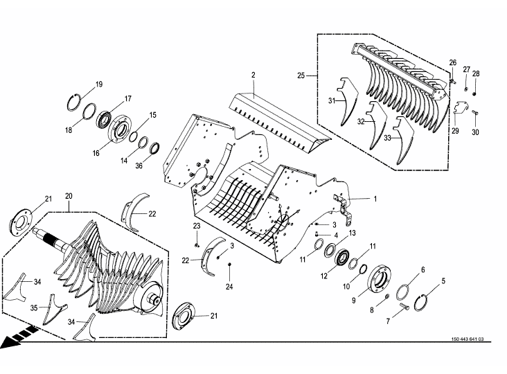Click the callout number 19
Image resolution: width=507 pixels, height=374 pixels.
click(x=99, y=84)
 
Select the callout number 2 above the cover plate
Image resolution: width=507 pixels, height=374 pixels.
click(x=254, y=74)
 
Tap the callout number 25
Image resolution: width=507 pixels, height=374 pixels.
click(x=301, y=75)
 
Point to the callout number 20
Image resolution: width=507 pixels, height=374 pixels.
click(x=69, y=195)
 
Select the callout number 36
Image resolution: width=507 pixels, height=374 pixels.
click(x=139, y=166)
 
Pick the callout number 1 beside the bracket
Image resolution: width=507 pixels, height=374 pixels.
click(x=375, y=199)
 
